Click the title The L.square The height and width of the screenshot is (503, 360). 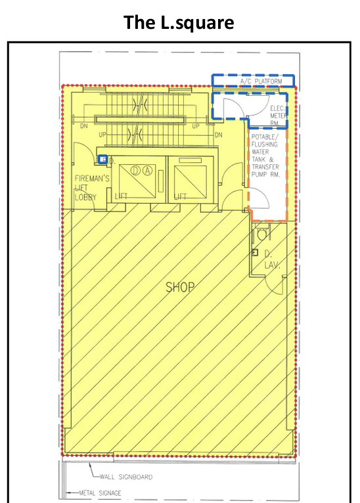point(179,22)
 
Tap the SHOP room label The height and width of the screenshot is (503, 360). point(180,287)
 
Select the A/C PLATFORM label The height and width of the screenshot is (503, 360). point(261,81)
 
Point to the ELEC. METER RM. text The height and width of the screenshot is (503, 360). point(277,116)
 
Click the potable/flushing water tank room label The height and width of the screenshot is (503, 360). point(265,156)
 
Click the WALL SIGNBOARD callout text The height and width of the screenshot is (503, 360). point(126,477)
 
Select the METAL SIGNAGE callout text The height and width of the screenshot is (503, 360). point(100,493)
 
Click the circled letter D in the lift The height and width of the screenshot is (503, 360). point(135,170)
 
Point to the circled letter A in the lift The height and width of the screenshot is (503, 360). point(147,170)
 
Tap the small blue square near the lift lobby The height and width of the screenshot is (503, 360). point(102,160)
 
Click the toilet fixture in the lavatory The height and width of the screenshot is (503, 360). point(261,234)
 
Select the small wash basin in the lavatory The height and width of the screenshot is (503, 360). point(255,252)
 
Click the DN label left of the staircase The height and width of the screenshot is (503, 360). point(83,126)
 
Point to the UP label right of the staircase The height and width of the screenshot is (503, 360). point(196,126)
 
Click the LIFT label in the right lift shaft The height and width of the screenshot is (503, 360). point(180,196)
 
